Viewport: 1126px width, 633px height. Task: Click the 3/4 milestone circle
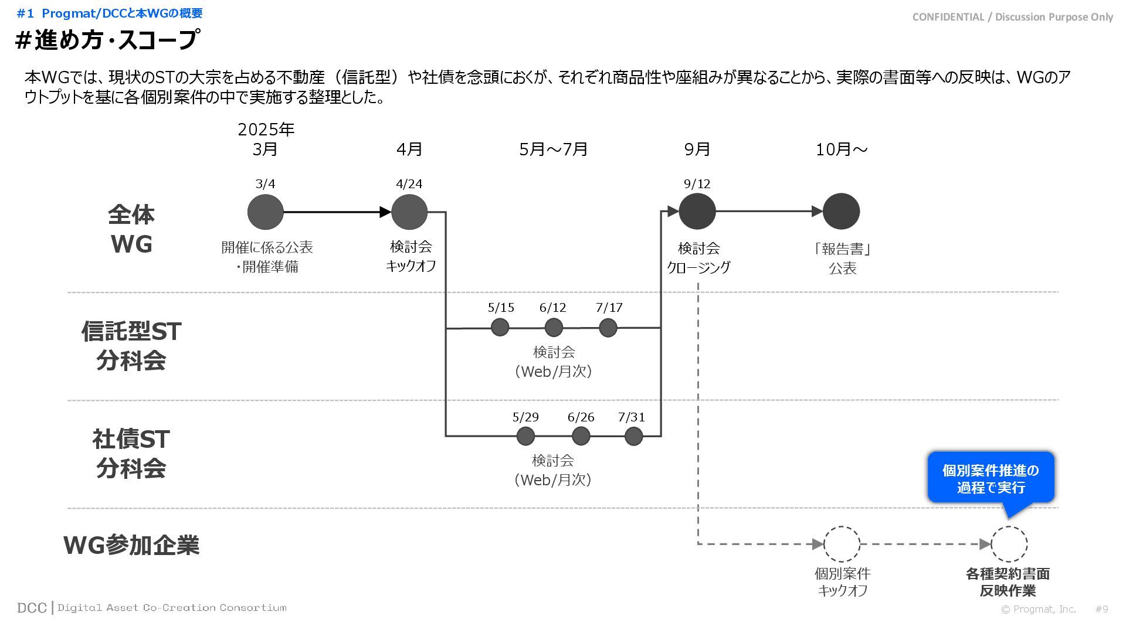(265, 212)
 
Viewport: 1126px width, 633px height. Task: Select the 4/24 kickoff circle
(409, 212)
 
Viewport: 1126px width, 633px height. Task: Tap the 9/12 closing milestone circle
(697, 211)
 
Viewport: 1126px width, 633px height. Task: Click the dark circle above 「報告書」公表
(842, 211)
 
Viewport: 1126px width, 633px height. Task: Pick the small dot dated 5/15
(500, 327)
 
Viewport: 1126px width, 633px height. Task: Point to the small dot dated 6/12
(554, 327)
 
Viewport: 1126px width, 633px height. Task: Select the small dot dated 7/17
(608, 327)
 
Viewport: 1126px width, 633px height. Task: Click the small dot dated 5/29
(525, 436)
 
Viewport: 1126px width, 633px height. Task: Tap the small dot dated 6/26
(581, 436)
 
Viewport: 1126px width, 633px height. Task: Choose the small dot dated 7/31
(633, 436)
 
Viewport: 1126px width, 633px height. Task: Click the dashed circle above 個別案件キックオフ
(842, 544)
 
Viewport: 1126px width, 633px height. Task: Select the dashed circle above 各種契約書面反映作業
(1009, 544)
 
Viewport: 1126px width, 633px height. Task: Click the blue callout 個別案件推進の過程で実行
(991, 478)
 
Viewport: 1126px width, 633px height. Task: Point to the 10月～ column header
(842, 149)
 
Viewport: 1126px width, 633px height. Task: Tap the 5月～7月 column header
(553, 149)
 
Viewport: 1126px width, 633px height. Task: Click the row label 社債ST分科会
(131, 453)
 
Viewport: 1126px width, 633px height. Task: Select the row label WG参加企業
(131, 545)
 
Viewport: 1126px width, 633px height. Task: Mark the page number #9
(1101, 609)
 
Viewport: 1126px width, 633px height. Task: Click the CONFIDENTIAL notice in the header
(1012, 17)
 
